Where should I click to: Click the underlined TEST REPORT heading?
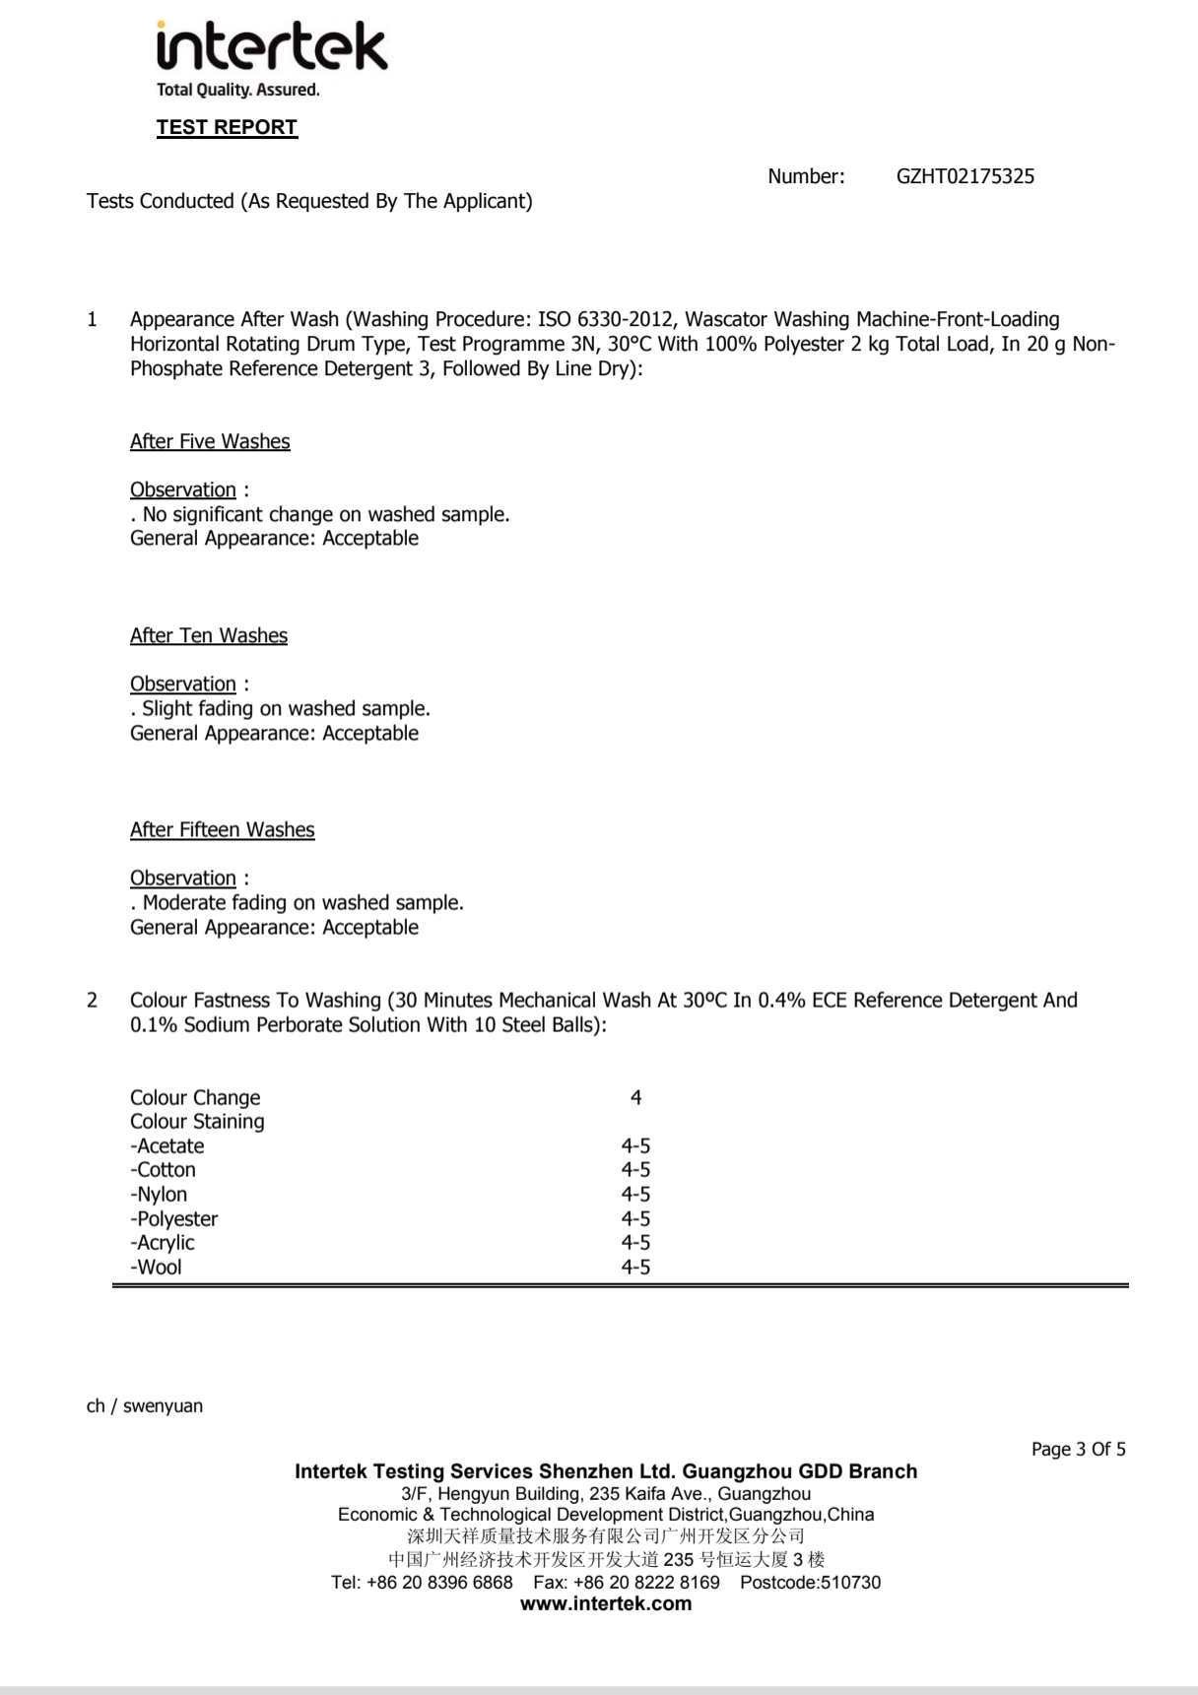[x=227, y=127]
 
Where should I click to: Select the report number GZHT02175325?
[x=965, y=176]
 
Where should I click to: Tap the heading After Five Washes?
[x=210, y=441]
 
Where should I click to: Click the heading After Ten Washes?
[x=209, y=635]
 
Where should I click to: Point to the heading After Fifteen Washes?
[x=223, y=829]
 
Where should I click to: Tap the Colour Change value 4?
[x=635, y=1097]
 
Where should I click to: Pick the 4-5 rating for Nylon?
[x=635, y=1194]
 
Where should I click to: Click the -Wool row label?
[x=156, y=1267]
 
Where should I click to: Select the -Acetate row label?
[x=167, y=1145]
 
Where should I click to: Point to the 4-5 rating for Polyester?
[x=635, y=1218]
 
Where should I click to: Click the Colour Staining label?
[x=197, y=1121]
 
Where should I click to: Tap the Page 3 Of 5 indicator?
[x=1078, y=1449]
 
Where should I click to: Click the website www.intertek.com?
[x=605, y=1603]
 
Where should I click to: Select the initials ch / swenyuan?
[x=145, y=1405]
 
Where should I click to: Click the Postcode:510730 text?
[x=810, y=1582]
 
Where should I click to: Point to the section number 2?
[x=93, y=1000]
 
